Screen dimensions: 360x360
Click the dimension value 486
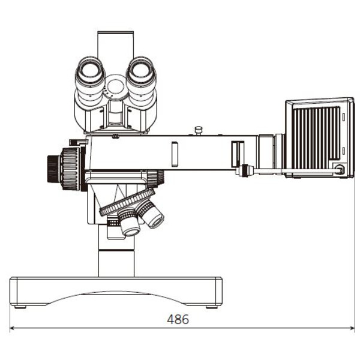[x=178, y=320]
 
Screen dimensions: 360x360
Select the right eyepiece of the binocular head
[x=142, y=74]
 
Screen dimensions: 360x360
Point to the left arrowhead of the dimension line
[x=12, y=328]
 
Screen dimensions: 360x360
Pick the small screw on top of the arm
[x=199, y=130]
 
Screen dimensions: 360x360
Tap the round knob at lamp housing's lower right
[x=340, y=170]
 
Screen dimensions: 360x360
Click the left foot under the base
[x=20, y=307]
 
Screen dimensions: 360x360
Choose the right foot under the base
[x=211, y=307]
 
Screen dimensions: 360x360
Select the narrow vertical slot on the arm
[x=175, y=154]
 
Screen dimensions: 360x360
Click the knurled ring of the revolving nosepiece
[x=126, y=202]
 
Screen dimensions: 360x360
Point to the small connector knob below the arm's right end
[x=244, y=172]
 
